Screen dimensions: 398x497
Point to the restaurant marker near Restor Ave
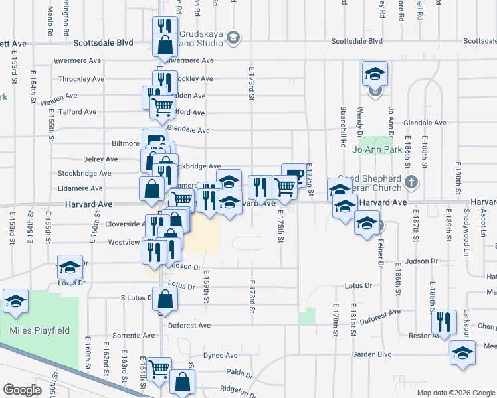444,322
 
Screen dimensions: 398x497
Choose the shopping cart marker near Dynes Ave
159,369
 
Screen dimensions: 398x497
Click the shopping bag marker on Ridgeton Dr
182,383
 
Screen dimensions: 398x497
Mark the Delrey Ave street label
100,159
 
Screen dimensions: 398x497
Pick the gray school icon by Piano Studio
233,38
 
